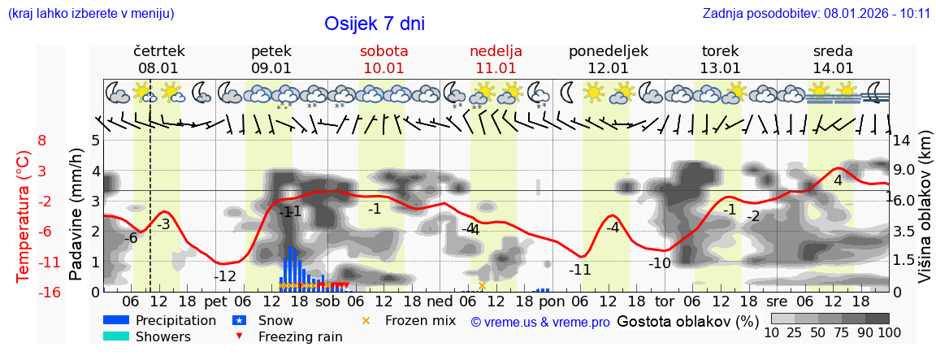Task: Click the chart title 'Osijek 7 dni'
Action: (x=374, y=24)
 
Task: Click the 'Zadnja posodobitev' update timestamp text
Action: (x=816, y=14)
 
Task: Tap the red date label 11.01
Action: (x=496, y=68)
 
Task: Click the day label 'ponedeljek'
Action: (x=608, y=51)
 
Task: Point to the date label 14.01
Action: (x=833, y=68)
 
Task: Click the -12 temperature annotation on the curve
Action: (x=224, y=276)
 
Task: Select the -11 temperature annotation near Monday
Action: (x=579, y=270)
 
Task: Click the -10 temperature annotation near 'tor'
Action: (x=659, y=262)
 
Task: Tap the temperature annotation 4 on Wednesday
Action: (x=838, y=180)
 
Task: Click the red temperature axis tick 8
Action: (x=42, y=141)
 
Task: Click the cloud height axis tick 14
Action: (x=901, y=141)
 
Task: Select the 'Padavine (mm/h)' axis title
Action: (x=76, y=215)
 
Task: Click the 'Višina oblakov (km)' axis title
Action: (x=925, y=215)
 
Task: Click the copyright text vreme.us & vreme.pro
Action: (x=540, y=322)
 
